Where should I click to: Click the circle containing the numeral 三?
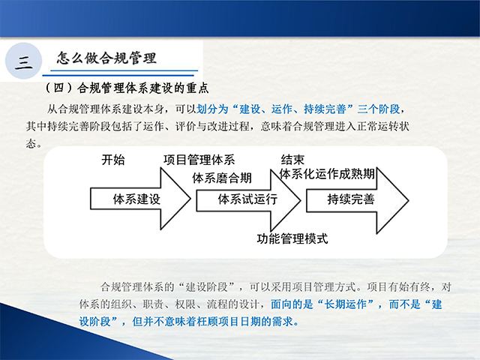point(23,61)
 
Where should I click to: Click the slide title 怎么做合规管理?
point(106,58)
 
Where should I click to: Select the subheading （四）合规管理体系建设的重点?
point(127,88)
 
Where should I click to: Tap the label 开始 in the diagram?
point(113,160)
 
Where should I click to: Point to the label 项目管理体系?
point(199,160)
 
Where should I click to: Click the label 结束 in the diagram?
point(292,160)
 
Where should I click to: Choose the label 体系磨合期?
point(222,178)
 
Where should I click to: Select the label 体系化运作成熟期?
point(327,174)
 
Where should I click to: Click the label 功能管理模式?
point(292,238)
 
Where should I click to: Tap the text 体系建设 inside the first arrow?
point(136,199)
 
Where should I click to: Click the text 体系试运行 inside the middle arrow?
point(247,199)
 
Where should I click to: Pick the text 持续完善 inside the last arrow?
point(351,199)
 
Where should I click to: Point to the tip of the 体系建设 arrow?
point(190,199)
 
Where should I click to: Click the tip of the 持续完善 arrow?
point(408,200)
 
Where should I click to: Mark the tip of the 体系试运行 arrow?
point(301,200)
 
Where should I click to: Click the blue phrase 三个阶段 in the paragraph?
point(379,109)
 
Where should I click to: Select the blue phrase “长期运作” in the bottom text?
point(345,304)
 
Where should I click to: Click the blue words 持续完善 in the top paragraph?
point(325,109)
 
